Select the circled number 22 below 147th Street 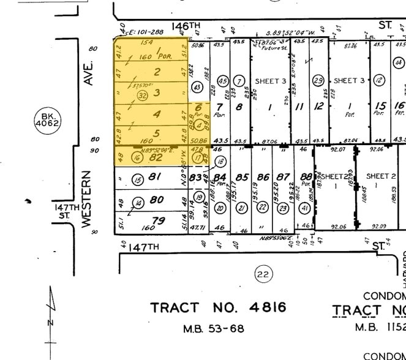pos(263,274)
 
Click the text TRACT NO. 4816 pos(218,307)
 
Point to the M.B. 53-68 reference pos(214,329)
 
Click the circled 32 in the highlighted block pos(143,95)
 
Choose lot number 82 pos(156,157)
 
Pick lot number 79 pos(158,220)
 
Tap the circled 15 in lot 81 pos(138,179)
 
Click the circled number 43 pos(197,88)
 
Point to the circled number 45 pos(223,81)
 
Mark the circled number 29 pos(318,81)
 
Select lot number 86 pos(263,178)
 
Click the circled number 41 pos(304,208)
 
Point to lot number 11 pos(300,106)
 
